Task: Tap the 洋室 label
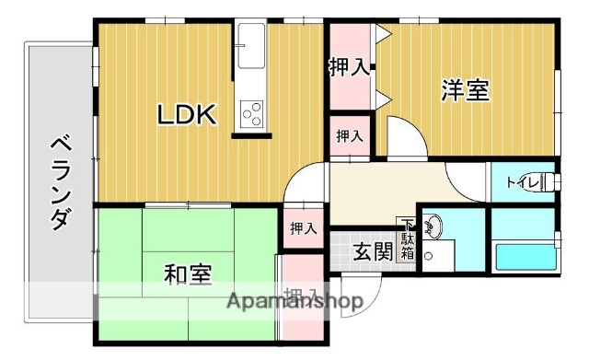click(465, 91)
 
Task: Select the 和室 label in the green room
click(188, 273)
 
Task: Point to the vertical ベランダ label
click(59, 181)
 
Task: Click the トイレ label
click(521, 182)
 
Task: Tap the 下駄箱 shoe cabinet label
click(407, 242)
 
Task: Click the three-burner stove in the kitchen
click(251, 114)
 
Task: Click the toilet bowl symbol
click(549, 180)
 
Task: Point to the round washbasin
click(433, 225)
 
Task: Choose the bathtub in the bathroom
click(525, 256)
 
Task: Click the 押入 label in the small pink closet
click(349, 136)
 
